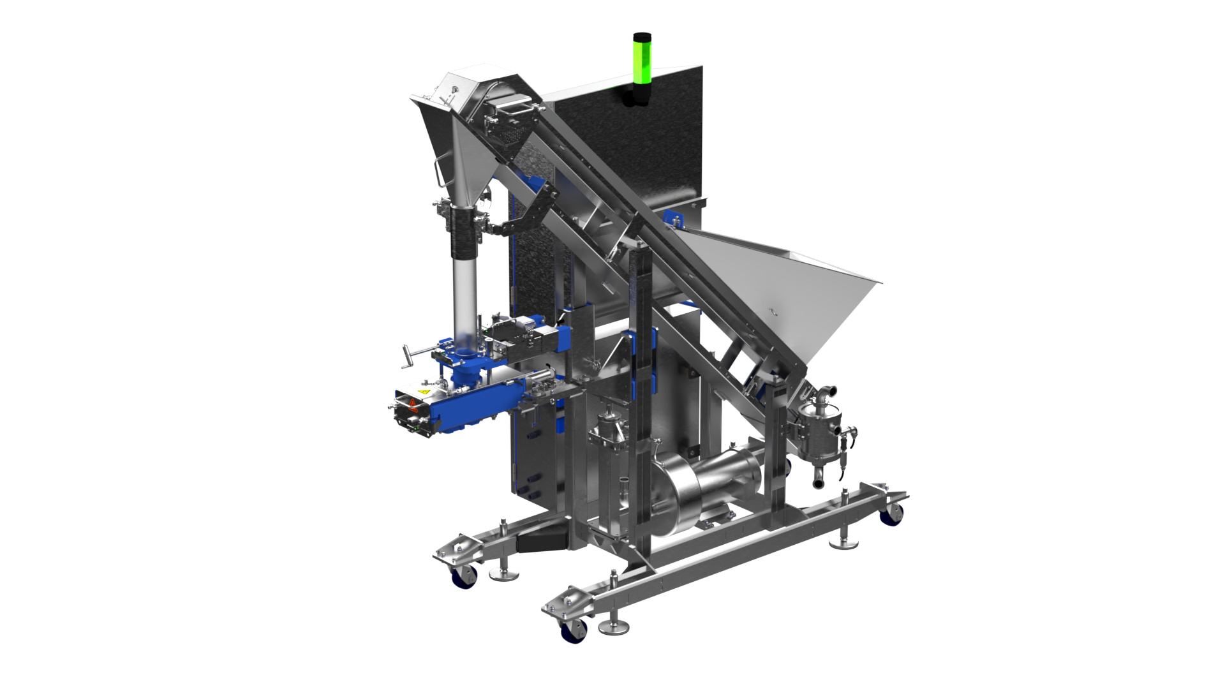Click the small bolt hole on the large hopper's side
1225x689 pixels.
773,311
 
